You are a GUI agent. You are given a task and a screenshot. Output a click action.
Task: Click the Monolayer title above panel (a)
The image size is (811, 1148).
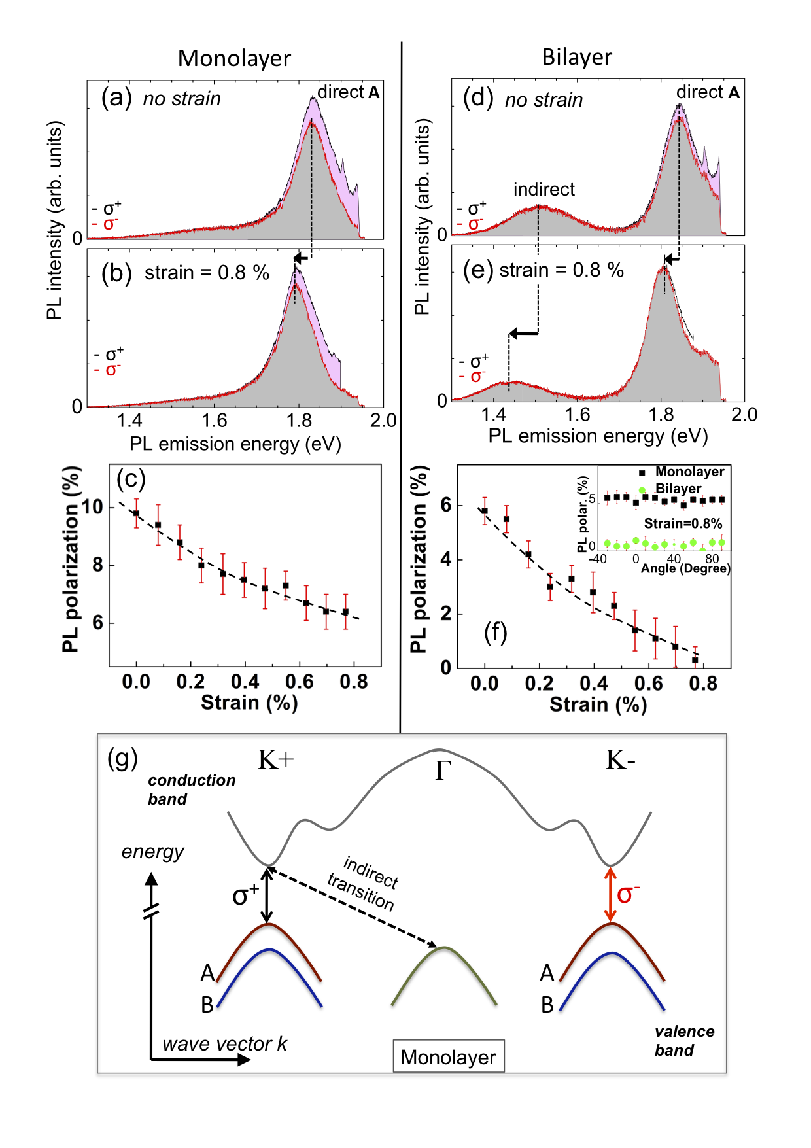[234, 58]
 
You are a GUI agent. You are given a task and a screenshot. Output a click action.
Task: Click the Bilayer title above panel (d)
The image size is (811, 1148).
[577, 58]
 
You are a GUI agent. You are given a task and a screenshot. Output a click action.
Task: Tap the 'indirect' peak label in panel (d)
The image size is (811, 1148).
[544, 190]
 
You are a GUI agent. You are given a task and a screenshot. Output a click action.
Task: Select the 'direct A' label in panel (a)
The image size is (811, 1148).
[348, 92]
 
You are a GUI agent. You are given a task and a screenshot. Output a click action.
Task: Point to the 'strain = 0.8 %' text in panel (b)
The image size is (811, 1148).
[207, 273]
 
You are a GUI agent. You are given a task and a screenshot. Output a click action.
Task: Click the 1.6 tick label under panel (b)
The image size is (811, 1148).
[214, 421]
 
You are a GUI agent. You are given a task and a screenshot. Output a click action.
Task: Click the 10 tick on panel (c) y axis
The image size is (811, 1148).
[92, 506]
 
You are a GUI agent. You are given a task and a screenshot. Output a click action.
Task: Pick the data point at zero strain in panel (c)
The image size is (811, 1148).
[136, 513]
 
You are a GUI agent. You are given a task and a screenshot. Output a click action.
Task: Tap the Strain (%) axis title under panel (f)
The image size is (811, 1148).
[598, 704]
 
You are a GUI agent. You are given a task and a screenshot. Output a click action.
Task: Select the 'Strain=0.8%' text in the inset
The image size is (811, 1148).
[683, 523]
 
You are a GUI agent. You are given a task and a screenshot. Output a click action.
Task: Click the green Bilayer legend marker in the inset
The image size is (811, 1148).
[642, 489]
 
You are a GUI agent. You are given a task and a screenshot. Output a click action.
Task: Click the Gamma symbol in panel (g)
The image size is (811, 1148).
[443, 771]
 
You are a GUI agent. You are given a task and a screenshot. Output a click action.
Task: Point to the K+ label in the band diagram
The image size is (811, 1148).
[276, 760]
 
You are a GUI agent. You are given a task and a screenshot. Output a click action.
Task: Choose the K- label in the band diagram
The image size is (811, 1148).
[620, 760]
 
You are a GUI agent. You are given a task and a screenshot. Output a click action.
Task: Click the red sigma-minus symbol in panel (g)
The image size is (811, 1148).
[627, 894]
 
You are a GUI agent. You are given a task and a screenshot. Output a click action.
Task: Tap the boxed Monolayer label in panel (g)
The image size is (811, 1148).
[448, 1056]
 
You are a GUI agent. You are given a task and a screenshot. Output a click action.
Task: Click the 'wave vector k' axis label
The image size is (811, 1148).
[224, 1043]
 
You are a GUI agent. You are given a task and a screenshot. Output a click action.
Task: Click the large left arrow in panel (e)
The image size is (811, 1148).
[523, 334]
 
